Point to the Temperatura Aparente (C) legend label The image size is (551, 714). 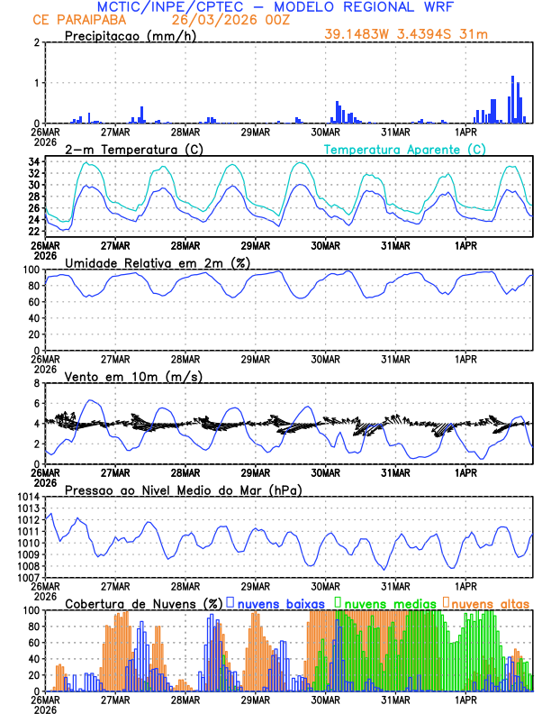404,149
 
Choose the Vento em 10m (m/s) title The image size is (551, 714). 133,376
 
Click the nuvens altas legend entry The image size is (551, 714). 486,603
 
